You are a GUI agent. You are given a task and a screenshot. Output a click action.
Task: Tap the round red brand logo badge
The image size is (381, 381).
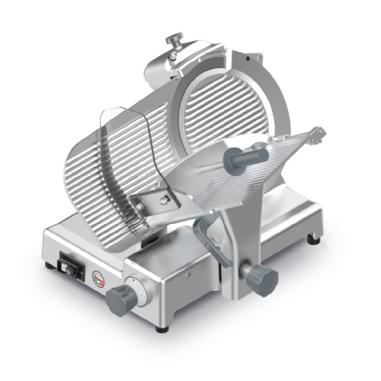coord(96,275)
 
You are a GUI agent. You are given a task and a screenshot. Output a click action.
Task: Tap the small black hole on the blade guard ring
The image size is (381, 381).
coord(248,59)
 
